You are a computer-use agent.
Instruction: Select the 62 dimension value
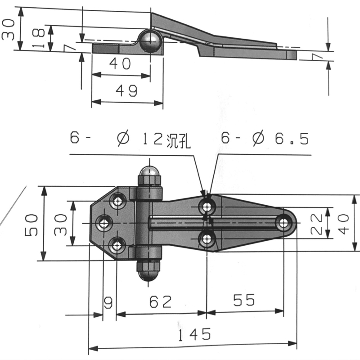pyautogui.click(x=161, y=301)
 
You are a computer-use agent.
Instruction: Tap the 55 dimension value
pyautogui.click(x=243, y=300)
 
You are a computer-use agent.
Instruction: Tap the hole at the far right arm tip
pyautogui.click(x=283, y=222)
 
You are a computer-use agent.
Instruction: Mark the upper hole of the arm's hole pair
pyautogui.click(x=207, y=207)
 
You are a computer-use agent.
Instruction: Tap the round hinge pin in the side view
pyautogui.click(x=150, y=41)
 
